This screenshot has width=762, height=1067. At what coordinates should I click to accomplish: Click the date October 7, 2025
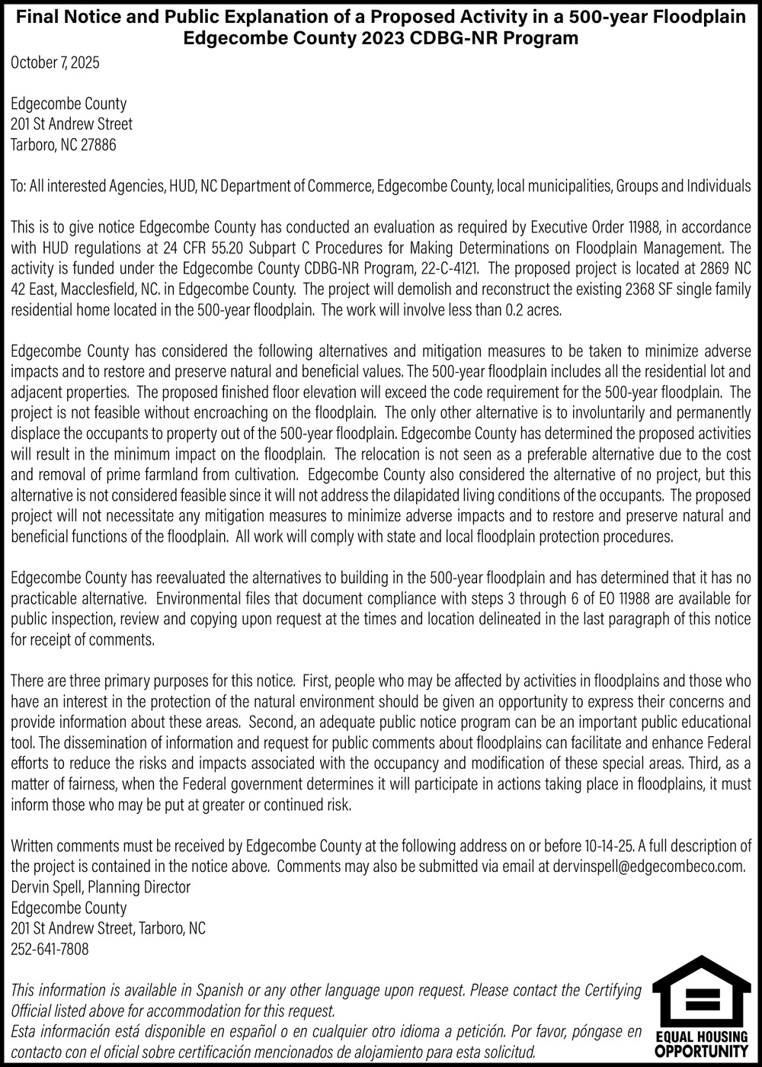click(55, 63)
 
